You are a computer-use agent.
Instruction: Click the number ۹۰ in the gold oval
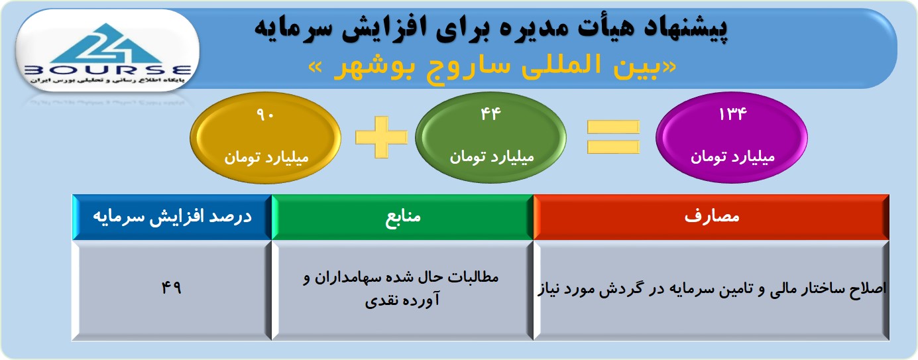[x=265, y=115]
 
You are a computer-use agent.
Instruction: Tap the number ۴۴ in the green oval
[x=490, y=114]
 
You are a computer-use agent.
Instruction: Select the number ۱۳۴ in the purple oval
[x=733, y=114]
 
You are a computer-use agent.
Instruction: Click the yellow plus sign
[x=382, y=137]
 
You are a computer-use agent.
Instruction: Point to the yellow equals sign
[x=613, y=137]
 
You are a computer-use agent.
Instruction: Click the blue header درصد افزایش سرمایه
[x=172, y=217]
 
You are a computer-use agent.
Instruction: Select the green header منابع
[x=402, y=217]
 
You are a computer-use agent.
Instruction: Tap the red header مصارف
[x=711, y=217]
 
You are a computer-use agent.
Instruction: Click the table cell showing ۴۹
[x=172, y=290]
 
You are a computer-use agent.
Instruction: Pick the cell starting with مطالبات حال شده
[x=402, y=290]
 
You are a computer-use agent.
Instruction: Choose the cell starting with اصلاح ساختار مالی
[x=711, y=290]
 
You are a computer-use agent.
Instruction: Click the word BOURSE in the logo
[x=108, y=70]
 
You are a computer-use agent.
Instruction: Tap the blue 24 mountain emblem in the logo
[x=107, y=43]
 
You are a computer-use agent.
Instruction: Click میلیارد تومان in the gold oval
[x=266, y=158]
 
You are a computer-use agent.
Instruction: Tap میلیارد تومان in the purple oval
[x=732, y=157]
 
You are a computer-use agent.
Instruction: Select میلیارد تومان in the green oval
[x=491, y=157]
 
